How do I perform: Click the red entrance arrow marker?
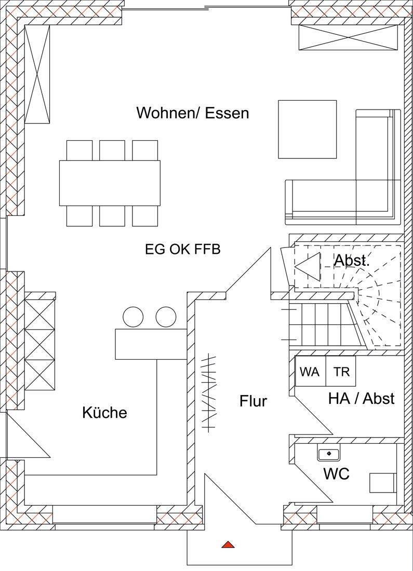pyautogui.click(x=228, y=545)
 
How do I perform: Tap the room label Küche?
pyautogui.click(x=104, y=413)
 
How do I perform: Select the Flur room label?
pyautogui.click(x=254, y=401)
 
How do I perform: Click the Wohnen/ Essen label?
pyautogui.click(x=192, y=113)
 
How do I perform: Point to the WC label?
pyautogui.click(x=337, y=474)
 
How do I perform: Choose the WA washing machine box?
pyautogui.click(x=310, y=371)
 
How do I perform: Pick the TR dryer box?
pyautogui.click(x=340, y=371)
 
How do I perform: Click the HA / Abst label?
pyautogui.click(x=361, y=398)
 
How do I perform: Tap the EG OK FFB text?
pyautogui.click(x=183, y=250)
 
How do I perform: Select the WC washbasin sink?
pyautogui.click(x=329, y=454)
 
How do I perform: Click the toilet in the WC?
pyautogui.click(x=383, y=483)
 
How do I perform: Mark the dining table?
pyautogui.click(x=110, y=183)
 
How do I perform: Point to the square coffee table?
pyautogui.click(x=308, y=129)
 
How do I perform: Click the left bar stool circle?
pyautogui.click(x=133, y=317)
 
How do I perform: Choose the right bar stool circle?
pyautogui.click(x=166, y=317)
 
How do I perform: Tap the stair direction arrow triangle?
pyautogui.click(x=308, y=267)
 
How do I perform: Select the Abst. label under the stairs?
pyautogui.click(x=352, y=261)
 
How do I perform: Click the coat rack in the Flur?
pyautogui.click(x=209, y=392)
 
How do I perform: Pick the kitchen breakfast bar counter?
pyautogui.click(x=151, y=344)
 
